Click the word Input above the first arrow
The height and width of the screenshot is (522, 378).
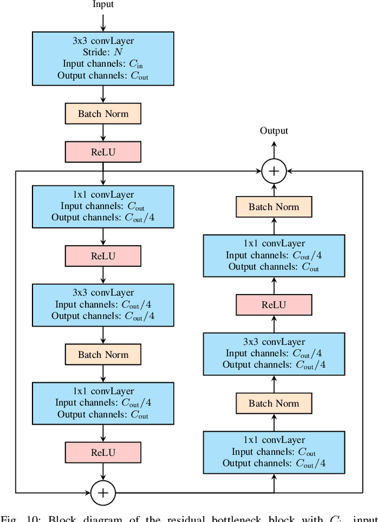(103, 4)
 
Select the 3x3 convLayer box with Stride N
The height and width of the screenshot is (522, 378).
(103, 58)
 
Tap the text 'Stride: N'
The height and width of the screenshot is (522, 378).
(103, 53)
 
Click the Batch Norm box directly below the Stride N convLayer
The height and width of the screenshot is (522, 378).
(103, 114)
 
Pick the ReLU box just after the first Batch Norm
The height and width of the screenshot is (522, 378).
(103, 152)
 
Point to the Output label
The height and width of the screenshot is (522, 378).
(274, 130)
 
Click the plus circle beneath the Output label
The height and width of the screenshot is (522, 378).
(274, 171)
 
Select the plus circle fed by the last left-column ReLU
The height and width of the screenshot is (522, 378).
(103, 492)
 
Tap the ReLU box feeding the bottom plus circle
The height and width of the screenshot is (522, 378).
(103, 453)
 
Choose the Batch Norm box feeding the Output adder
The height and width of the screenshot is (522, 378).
(274, 207)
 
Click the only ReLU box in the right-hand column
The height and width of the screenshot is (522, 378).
(274, 305)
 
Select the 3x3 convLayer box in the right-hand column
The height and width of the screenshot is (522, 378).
(274, 354)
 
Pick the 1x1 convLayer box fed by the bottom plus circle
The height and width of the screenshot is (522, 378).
(274, 452)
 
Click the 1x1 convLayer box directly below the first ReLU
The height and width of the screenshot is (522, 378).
(103, 207)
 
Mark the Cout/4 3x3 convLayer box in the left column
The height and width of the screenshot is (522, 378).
(103, 305)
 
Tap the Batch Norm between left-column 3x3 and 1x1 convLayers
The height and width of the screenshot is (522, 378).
(103, 354)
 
